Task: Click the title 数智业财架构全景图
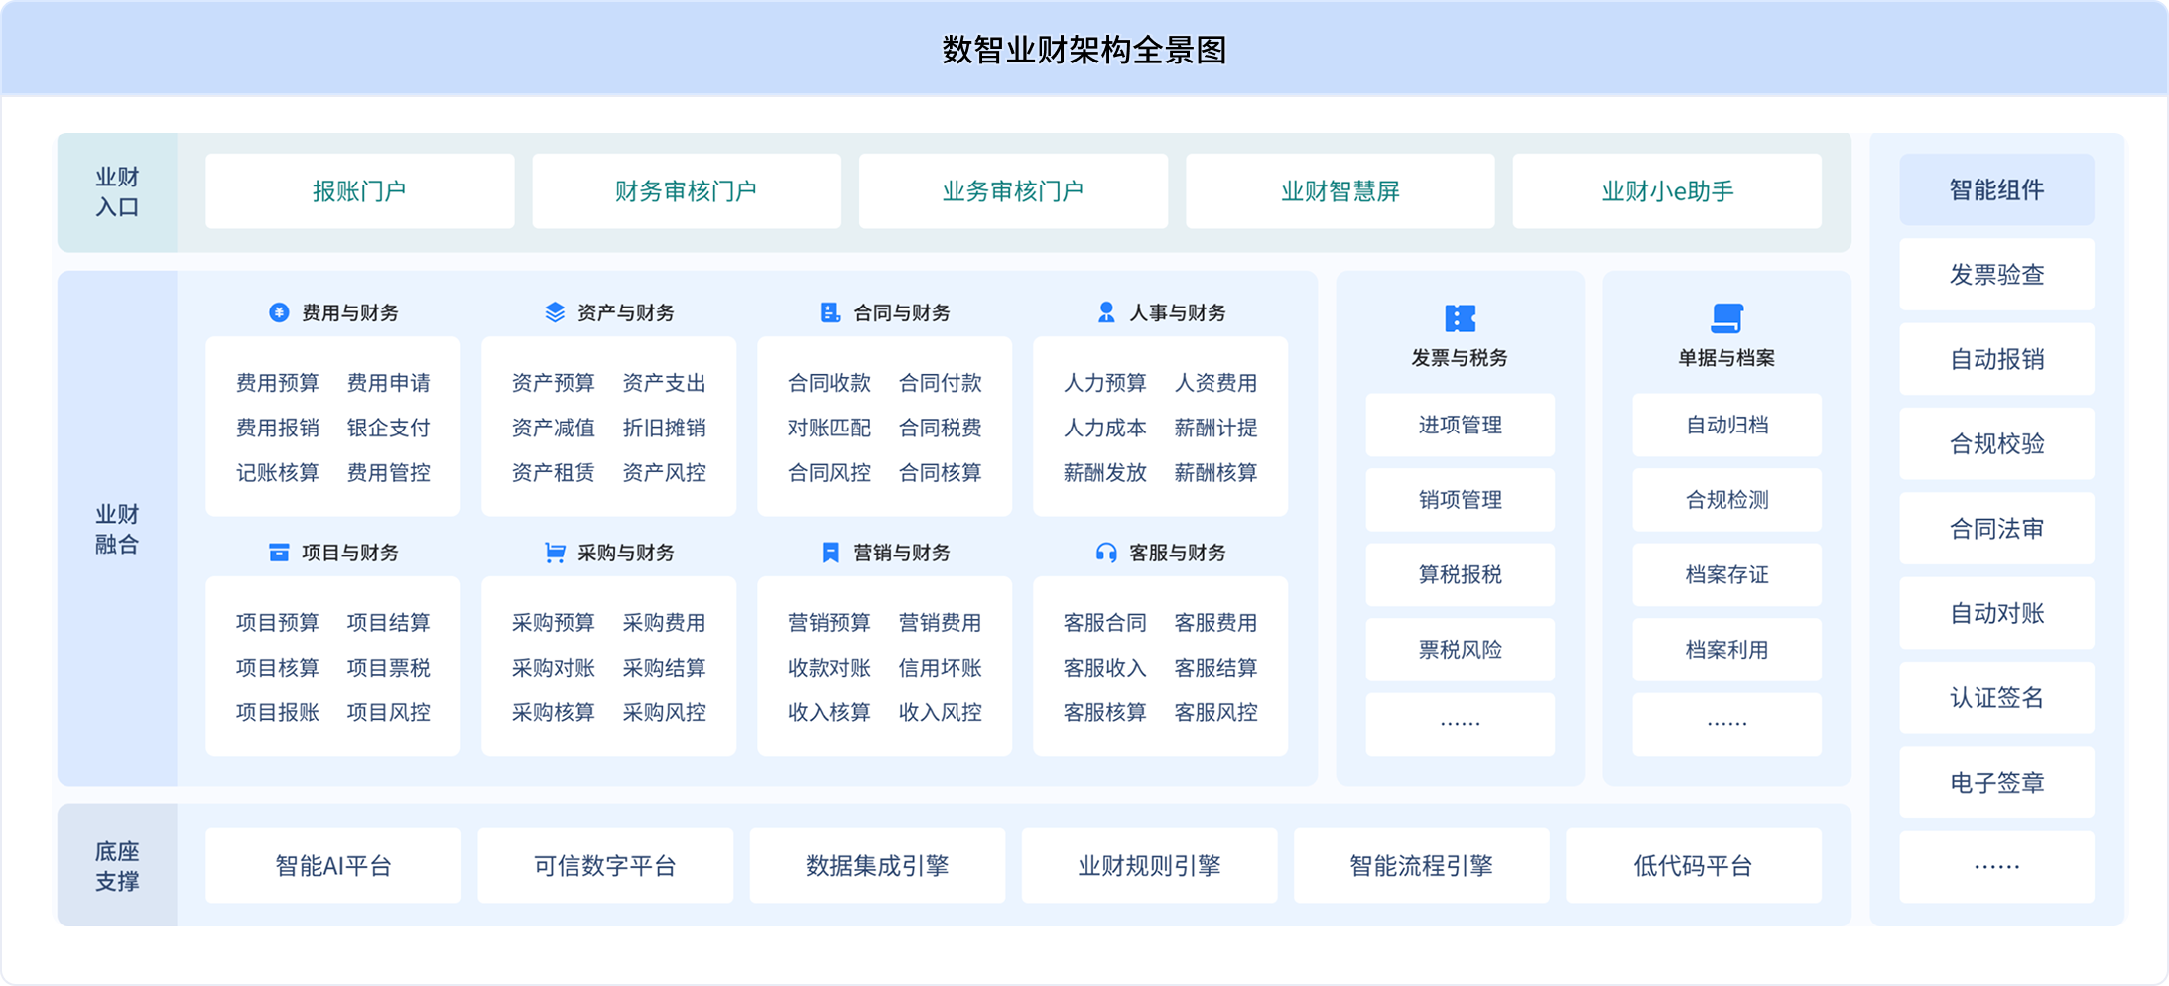(1084, 50)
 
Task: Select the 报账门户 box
(359, 191)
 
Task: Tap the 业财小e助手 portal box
(1667, 191)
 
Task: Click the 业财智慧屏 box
(1340, 191)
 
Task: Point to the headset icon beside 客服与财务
(1106, 553)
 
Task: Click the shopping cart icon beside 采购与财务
(555, 553)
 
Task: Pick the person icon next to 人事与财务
(1106, 312)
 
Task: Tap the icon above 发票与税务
(1460, 318)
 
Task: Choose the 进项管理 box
(1460, 425)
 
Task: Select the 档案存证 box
(1726, 574)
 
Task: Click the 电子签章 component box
(1996, 783)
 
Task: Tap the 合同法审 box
(1996, 529)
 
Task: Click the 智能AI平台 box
(333, 866)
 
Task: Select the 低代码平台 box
(1694, 866)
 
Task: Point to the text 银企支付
(389, 428)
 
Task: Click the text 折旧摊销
(665, 428)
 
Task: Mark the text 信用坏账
(941, 668)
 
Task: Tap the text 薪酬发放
(1105, 473)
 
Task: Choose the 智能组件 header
(1996, 189)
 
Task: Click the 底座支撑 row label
(117, 866)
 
